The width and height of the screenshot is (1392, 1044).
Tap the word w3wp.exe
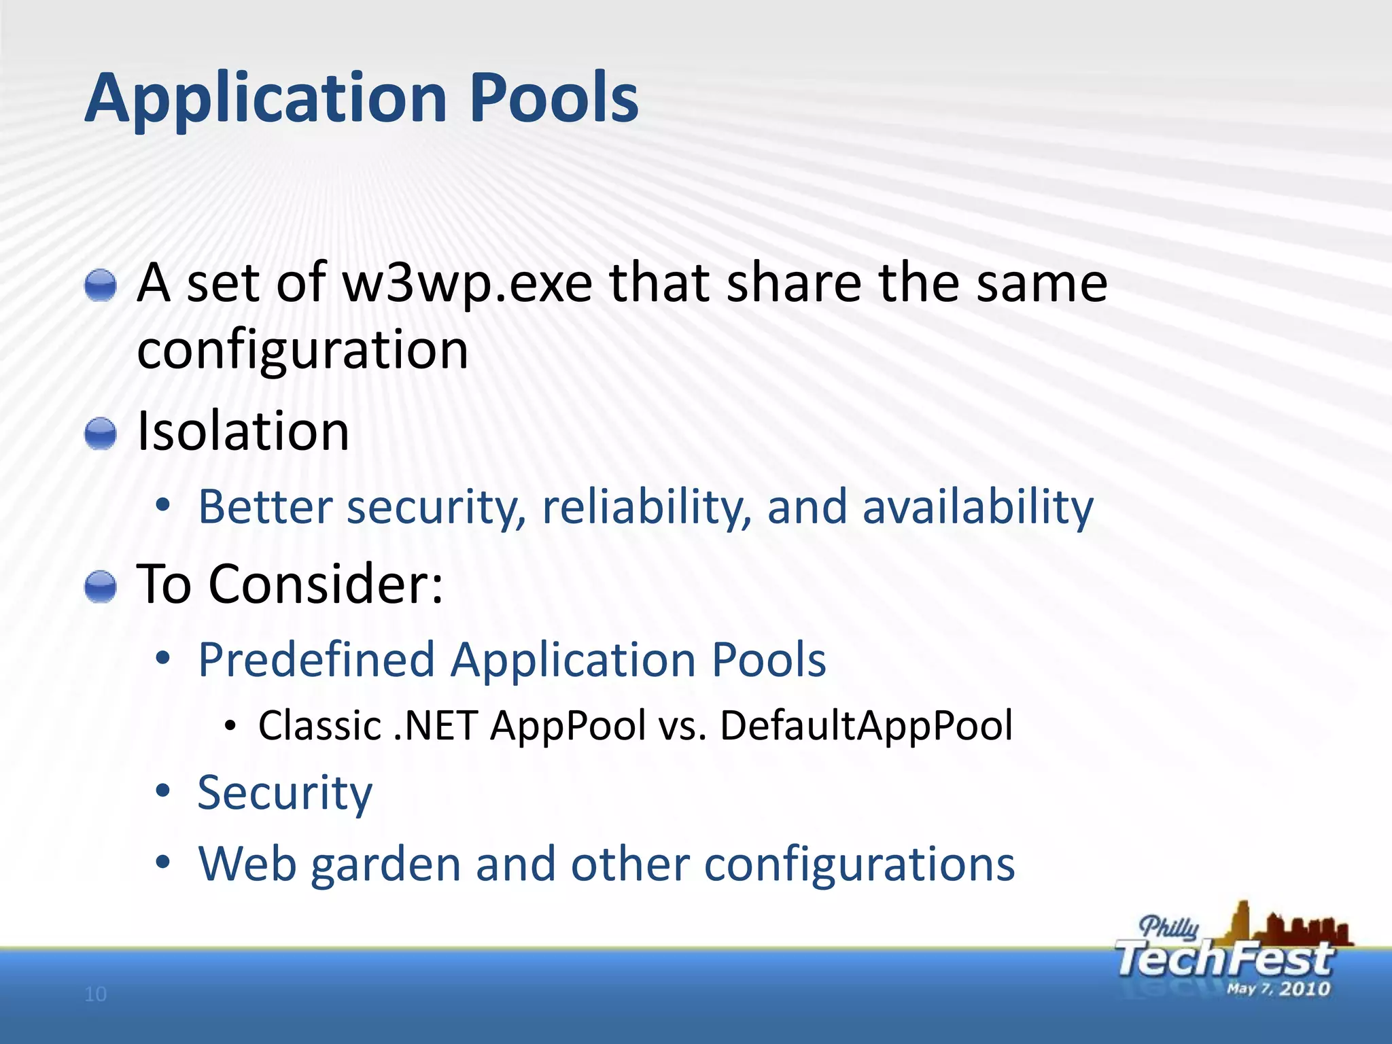pos(468,283)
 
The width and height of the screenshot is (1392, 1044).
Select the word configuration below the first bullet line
pos(302,349)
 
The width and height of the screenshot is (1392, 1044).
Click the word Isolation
pos(243,432)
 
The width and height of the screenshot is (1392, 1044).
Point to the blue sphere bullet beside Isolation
pos(101,434)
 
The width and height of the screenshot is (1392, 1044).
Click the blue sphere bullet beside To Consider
pos(101,587)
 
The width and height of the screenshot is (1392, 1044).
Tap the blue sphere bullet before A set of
pos(101,285)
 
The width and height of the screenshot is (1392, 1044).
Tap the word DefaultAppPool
pos(866,725)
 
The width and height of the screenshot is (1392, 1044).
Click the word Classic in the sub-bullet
pos(319,725)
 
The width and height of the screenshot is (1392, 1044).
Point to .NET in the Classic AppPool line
pos(436,725)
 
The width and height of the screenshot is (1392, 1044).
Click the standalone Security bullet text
pos(285,793)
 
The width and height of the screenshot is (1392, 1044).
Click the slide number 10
pos(96,994)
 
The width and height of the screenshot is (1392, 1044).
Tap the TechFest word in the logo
pos(1223,959)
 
